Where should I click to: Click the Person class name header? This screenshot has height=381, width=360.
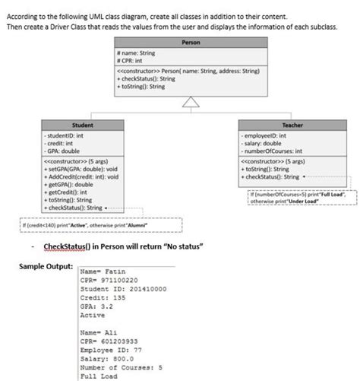point(191,43)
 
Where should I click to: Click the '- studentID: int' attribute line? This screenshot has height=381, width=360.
point(66,135)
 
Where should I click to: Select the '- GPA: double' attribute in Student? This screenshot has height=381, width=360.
point(62,150)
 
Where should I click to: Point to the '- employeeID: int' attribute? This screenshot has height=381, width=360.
point(265,135)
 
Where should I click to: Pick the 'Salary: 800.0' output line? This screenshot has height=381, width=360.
point(109,360)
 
